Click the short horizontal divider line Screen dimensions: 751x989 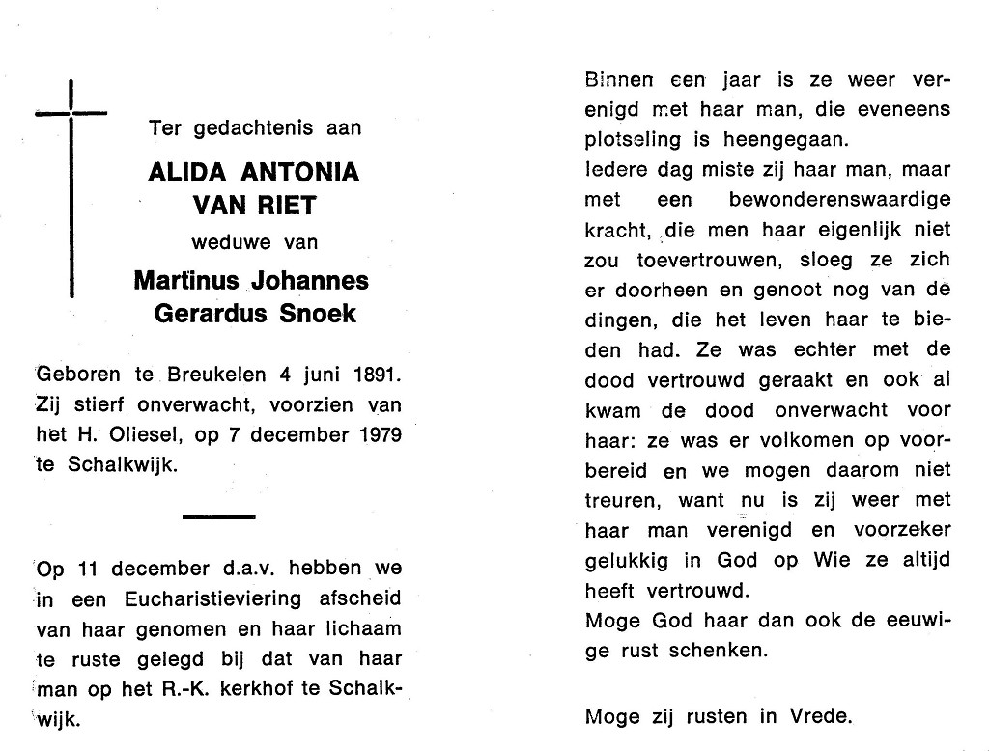(x=218, y=517)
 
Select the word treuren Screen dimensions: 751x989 (x=618, y=501)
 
